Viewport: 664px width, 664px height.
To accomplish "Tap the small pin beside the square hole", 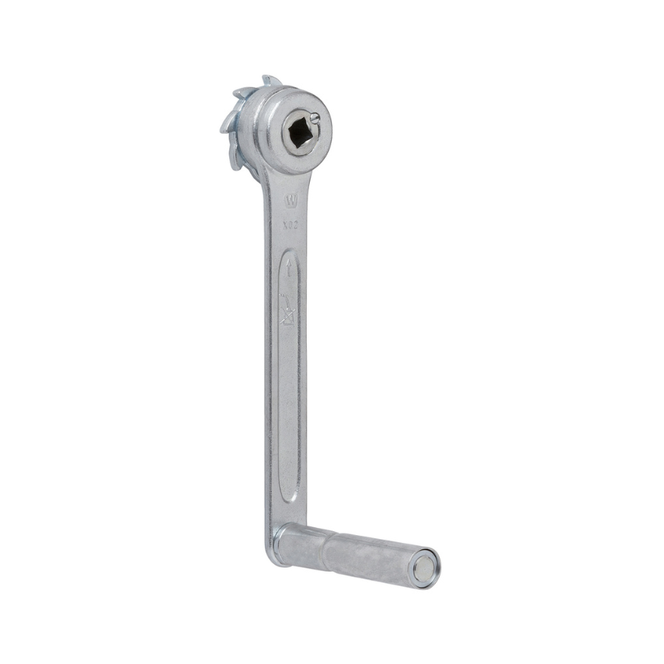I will (x=315, y=119).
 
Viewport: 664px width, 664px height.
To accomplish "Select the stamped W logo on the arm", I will (x=291, y=201).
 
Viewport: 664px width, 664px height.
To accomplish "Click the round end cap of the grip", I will (x=426, y=569).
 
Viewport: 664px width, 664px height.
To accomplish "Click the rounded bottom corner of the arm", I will (x=270, y=553).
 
